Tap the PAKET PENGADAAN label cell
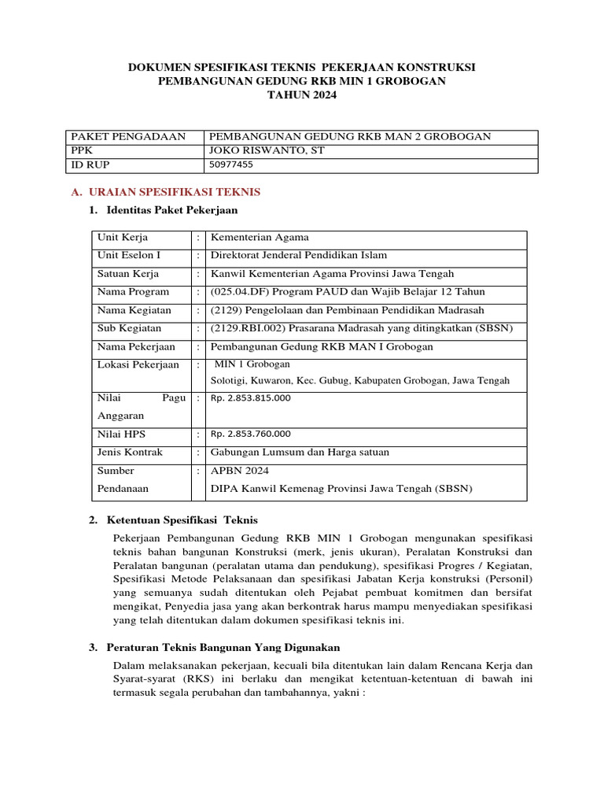(128, 136)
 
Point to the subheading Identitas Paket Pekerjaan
(170, 210)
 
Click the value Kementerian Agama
(260, 238)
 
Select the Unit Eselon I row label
(129, 255)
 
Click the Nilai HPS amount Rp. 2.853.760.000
(250, 434)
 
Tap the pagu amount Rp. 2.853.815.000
(250, 398)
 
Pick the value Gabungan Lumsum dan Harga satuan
(300, 452)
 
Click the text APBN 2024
(239, 471)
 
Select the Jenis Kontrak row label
(130, 452)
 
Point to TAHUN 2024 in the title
(301, 95)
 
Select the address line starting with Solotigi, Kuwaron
(359, 380)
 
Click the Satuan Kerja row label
(127, 274)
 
